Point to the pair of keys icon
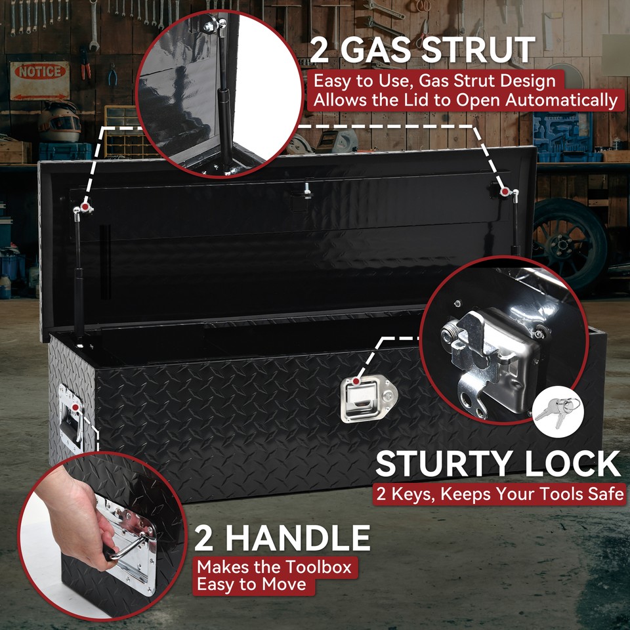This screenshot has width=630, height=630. pyautogui.click(x=556, y=411)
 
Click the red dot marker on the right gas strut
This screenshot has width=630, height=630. pyautogui.click(x=505, y=191)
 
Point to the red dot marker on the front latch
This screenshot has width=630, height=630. pyautogui.click(x=355, y=381)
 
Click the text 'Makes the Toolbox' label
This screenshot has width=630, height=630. pyautogui.click(x=274, y=566)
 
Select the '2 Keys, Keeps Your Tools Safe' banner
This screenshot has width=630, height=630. pyautogui.click(x=499, y=493)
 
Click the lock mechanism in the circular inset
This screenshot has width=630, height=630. pyautogui.click(x=492, y=354)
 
